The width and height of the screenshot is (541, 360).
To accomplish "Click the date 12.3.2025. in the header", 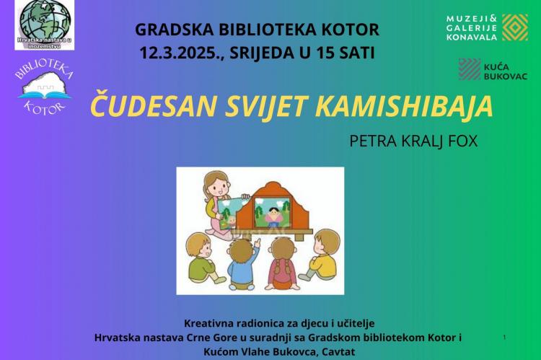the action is (x=182, y=53).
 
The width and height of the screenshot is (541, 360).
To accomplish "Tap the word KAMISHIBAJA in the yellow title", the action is (x=404, y=105).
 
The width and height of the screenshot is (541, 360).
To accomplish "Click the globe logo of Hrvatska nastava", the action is (x=45, y=24).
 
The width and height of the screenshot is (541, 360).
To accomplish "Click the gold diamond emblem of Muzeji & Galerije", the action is (x=515, y=27).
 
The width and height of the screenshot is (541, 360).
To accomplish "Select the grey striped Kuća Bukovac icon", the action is (x=470, y=69).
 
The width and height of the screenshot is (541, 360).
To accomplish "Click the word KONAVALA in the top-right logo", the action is (x=472, y=37).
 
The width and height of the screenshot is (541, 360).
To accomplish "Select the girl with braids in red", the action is (x=283, y=263).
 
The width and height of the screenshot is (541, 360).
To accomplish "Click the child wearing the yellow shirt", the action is (x=322, y=255).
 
